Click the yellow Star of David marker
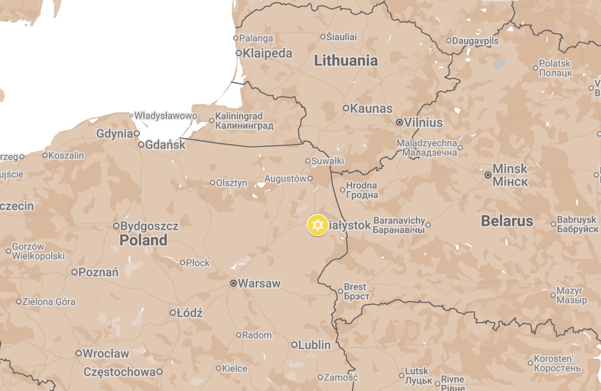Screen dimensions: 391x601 point(317,225)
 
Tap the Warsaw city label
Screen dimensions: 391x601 point(259,283)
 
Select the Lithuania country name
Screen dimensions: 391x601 point(346,61)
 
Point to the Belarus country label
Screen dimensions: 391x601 point(507,221)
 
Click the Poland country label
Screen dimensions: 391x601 point(143,240)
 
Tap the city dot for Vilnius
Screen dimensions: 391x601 point(399,122)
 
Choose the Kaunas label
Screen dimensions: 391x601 point(371,109)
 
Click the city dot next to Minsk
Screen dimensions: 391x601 point(488,175)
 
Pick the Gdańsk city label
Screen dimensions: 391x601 point(165,145)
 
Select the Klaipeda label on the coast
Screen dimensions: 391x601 point(267,53)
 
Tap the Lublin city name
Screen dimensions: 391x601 point(314,345)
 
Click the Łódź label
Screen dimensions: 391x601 point(189,313)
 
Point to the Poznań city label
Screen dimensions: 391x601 point(98,272)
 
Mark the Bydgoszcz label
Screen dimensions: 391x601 point(149,226)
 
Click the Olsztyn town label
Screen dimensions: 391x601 point(231,183)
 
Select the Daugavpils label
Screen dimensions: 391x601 point(475,41)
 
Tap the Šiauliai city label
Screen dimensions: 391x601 point(341,37)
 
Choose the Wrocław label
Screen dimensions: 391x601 point(106,353)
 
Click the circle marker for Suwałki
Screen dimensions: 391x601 point(308,161)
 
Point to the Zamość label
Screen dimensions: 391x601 point(340,377)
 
